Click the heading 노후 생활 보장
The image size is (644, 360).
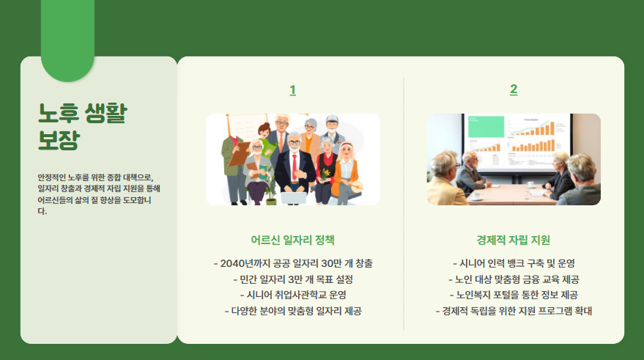(82, 125)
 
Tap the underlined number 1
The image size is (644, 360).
(292, 90)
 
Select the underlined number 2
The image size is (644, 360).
(514, 89)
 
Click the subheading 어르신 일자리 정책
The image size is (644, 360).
(292, 240)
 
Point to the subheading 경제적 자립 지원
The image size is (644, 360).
(513, 240)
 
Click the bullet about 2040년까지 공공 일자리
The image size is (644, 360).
(292, 263)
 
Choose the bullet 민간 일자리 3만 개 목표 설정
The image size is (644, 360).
(292, 279)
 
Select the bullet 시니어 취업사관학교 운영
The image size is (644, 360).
(292, 295)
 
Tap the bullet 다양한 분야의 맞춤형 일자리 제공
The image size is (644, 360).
(292, 311)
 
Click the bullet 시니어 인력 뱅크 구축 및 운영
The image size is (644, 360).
(513, 263)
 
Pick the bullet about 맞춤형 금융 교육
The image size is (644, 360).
(513, 279)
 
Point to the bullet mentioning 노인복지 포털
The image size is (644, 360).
(513, 295)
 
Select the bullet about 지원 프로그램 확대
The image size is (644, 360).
(513, 311)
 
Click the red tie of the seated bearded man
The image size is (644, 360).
(295, 165)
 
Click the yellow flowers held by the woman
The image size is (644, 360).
(327, 173)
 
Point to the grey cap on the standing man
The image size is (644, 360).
(332, 119)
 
